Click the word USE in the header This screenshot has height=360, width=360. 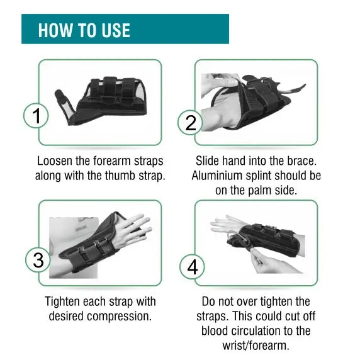coord(116,30)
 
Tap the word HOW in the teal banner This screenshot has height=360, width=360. coord(55,30)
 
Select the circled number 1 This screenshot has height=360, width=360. coord(36,116)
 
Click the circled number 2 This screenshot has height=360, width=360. coord(190,123)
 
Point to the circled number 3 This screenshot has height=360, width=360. coord(38,260)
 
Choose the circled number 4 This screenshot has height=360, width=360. coord(192,267)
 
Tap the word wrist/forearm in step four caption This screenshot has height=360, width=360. coord(256,346)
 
